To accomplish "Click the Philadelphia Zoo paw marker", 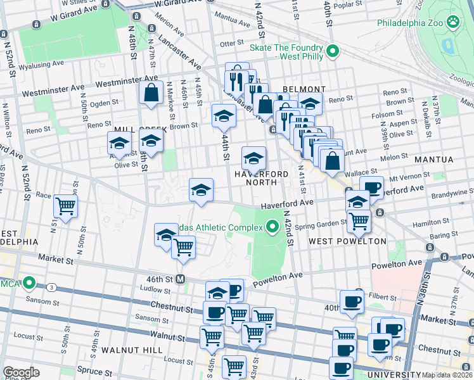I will (453, 23).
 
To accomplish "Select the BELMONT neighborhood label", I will (304, 89).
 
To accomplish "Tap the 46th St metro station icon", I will (181, 279).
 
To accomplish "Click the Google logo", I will (22, 372).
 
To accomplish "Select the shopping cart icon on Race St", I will (65, 205).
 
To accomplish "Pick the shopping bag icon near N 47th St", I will (152, 92).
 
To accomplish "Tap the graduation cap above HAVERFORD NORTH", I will (253, 158).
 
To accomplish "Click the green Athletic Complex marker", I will (273, 226).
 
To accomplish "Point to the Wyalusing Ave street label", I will (41, 65).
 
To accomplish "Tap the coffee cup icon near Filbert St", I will (352, 301).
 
